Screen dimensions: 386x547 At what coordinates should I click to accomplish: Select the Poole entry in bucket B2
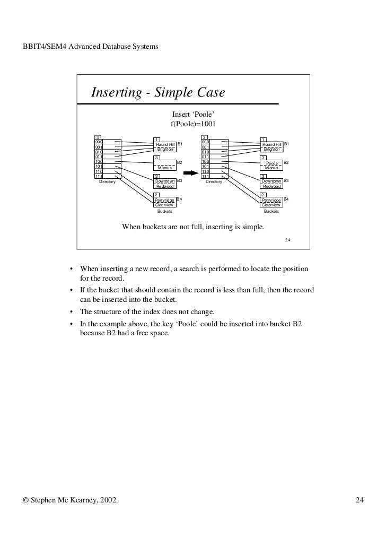(272, 163)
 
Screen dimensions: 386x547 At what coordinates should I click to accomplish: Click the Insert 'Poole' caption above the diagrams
(192, 115)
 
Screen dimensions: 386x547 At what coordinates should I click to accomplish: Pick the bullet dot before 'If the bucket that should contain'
(71, 291)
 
